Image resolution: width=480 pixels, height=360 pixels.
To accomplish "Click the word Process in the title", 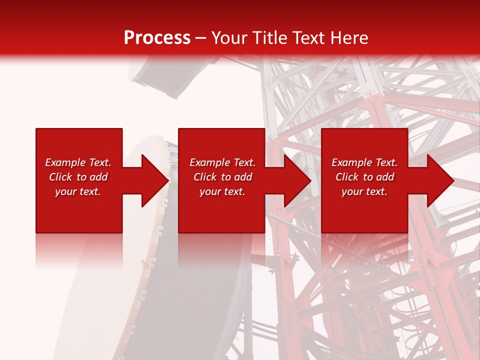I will coord(157,38).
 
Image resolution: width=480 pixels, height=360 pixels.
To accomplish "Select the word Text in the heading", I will coord(308,38).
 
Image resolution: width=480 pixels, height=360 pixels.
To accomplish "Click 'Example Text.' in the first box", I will coord(78,162).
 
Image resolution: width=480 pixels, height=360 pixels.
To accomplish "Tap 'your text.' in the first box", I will coord(78,191).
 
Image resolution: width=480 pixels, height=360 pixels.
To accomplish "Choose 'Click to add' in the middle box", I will coord(222,177).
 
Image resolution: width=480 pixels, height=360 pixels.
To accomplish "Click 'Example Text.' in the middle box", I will coord(222,162).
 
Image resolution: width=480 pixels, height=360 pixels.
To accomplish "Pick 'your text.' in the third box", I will coord(364,191).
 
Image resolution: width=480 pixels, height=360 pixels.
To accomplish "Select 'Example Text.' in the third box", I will coord(364,162).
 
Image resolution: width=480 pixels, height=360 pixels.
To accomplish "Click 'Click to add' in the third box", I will coord(364,177).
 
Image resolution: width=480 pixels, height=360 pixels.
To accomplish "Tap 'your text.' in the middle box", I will coord(222,191).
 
